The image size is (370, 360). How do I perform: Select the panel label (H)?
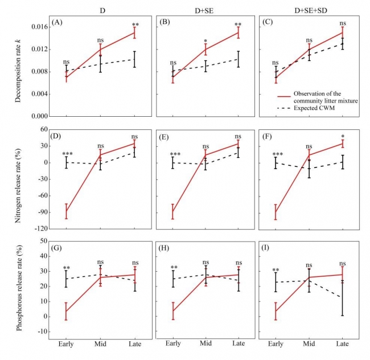point(165,247)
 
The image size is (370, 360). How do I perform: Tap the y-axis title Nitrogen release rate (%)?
point(18,178)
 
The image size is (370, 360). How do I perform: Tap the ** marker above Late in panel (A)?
point(135,25)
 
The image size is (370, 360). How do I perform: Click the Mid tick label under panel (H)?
point(205,345)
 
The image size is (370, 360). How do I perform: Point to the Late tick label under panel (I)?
point(343,345)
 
